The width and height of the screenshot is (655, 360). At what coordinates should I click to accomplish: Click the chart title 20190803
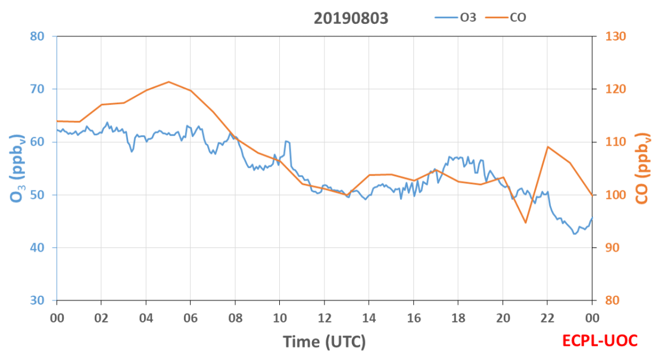coord(351,18)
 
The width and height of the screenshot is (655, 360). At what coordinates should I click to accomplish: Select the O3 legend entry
coord(456,17)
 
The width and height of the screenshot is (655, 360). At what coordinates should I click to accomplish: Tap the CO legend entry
coord(506,17)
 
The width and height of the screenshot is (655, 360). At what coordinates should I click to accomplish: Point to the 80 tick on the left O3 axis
coord(37,36)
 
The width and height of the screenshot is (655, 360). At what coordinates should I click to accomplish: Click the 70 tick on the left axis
coord(37,89)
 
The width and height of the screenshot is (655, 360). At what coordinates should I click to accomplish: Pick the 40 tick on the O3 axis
coord(37,248)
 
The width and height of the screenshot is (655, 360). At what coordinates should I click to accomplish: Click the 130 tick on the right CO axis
coord(615,36)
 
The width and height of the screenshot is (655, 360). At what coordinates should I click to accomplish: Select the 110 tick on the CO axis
coord(615,142)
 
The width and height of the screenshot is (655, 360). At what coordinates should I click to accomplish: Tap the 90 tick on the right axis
coord(612,248)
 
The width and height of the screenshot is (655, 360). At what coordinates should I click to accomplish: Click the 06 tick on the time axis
coord(191,318)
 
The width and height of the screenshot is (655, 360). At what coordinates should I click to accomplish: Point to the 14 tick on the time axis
coord(369,318)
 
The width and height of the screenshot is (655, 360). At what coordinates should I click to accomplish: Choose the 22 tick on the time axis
coord(547,318)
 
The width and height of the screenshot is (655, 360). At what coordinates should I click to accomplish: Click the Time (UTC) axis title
coord(325,342)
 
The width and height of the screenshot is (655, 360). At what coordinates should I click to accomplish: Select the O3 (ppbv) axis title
coord(17,168)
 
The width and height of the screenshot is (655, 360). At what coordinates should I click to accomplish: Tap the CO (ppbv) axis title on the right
coord(642,168)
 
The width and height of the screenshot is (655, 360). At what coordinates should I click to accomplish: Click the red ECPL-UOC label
coord(600,341)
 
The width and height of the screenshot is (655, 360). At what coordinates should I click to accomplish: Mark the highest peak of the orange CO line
coord(169,82)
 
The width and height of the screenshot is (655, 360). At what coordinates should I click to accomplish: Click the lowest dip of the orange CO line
coord(525,223)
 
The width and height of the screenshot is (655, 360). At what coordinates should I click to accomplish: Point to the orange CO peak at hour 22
coord(547,146)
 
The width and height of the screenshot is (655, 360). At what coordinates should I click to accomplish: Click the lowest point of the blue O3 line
coord(575,234)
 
